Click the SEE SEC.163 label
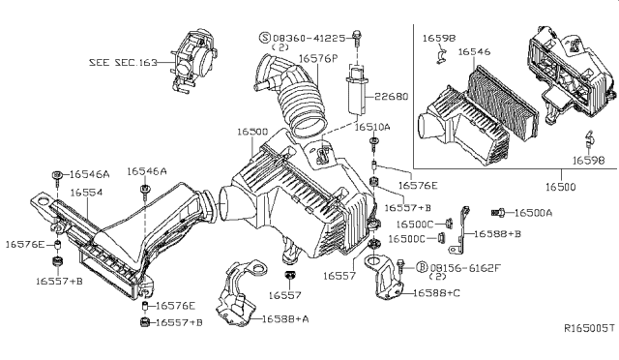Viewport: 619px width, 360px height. click(123, 63)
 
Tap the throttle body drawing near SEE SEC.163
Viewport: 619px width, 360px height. click(193, 60)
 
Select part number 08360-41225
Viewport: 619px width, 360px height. click(309, 39)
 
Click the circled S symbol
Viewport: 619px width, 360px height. click(265, 38)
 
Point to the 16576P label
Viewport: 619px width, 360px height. click(318, 59)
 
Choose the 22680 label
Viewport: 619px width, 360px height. click(391, 97)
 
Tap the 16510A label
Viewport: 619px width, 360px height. click(371, 127)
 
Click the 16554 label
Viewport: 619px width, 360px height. click(86, 193)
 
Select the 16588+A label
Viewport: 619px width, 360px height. click(285, 319)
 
